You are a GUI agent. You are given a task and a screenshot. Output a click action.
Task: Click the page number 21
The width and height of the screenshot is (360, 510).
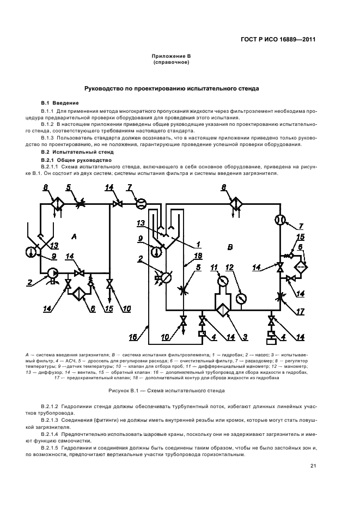[313, 466]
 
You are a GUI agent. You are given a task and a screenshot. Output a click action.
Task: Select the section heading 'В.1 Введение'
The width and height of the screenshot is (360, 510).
[60, 103]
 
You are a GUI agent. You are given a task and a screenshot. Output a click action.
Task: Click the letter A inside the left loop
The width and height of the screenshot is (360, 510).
[73, 235]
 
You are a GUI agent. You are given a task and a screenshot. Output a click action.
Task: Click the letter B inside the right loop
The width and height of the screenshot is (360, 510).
[230, 247]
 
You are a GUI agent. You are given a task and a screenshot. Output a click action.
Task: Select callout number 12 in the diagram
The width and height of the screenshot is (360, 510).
[229, 267]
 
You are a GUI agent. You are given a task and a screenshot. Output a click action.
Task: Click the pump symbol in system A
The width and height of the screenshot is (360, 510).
[53, 273]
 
